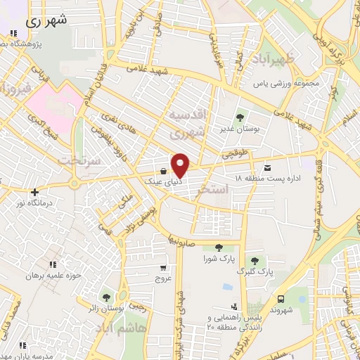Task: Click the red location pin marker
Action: click(181, 165)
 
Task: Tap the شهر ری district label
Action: click(49, 20)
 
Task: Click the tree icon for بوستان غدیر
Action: click(241, 117)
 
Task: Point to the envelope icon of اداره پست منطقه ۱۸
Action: click(267, 168)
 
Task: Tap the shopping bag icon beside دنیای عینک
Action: click(163, 171)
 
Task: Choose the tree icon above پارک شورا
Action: click(218, 247)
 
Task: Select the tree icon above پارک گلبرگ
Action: click(255, 261)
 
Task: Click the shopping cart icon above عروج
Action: click(163, 267)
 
